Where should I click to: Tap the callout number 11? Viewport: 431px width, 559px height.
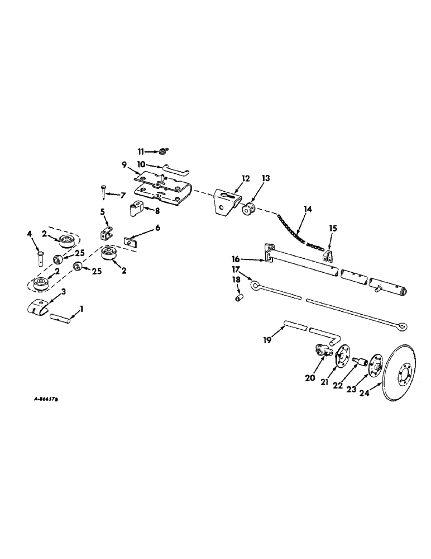(142, 150)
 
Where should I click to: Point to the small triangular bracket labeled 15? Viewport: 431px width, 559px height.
(329, 253)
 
